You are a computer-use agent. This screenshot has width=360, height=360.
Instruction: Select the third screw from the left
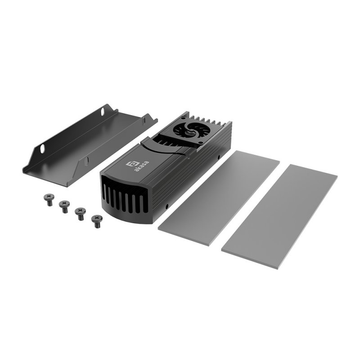tap(80, 212)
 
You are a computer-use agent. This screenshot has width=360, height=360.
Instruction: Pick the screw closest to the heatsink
tap(96, 220)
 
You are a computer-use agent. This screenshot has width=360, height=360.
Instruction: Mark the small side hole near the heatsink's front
tap(167, 206)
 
